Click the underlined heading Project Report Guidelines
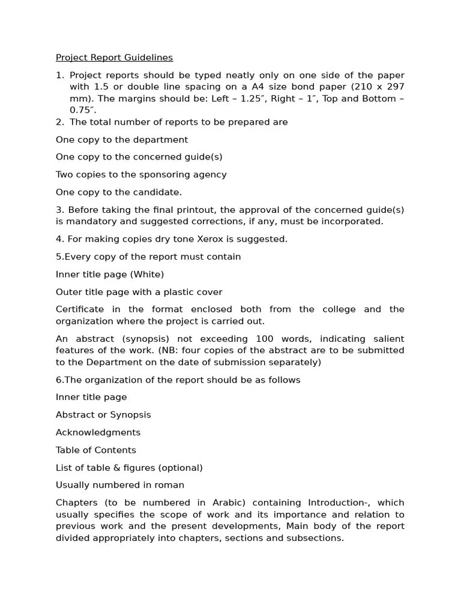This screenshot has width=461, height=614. pyautogui.click(x=114, y=58)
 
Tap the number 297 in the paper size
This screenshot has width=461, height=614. pyautogui.click(x=393, y=87)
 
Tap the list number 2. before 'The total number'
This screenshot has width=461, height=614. pyautogui.click(x=59, y=122)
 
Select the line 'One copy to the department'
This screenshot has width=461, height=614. pyautogui.click(x=122, y=140)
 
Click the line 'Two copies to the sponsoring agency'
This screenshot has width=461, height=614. pyautogui.click(x=141, y=174)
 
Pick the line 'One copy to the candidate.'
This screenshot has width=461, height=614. pyautogui.click(x=119, y=192)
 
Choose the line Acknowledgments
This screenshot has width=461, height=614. pyautogui.click(x=98, y=432)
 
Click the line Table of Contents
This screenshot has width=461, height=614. pyautogui.click(x=96, y=450)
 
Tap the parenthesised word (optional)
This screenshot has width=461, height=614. pyautogui.click(x=182, y=468)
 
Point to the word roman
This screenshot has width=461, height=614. pyautogui.click(x=170, y=485)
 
